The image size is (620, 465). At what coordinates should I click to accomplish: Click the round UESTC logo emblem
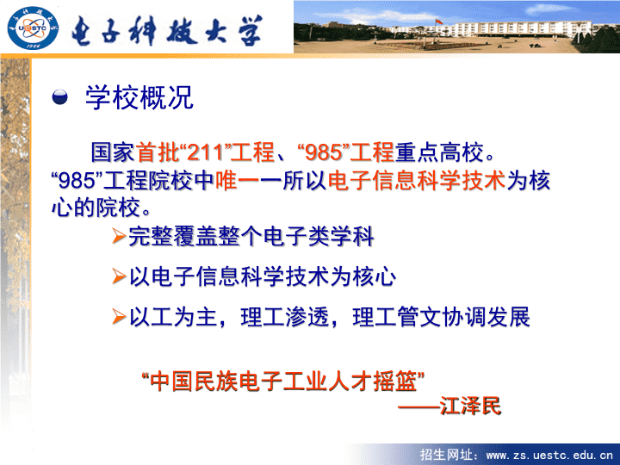coord(34,28)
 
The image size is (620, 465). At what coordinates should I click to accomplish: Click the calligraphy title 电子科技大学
coord(167,30)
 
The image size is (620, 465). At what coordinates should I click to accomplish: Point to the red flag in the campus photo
coord(437,22)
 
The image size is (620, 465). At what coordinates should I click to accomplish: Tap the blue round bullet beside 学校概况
coord(59,97)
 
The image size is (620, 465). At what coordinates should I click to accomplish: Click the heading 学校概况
coord(139,97)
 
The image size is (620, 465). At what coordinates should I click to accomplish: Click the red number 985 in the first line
coord(324,152)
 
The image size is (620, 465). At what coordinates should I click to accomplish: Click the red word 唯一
coord(238,180)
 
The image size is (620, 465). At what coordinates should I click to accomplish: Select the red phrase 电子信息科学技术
coord(417,180)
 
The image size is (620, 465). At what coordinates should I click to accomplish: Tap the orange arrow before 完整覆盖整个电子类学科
coord(119,236)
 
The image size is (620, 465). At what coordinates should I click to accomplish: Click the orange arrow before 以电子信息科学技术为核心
coord(119,276)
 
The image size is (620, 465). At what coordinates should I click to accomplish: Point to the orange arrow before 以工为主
coord(119,316)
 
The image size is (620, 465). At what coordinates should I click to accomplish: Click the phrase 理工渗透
coord(285,317)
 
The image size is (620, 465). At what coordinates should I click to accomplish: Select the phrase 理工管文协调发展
coord(441,317)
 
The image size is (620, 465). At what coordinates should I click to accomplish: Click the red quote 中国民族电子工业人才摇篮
coord(283,381)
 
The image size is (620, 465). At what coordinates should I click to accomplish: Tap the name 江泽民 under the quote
coord(470,406)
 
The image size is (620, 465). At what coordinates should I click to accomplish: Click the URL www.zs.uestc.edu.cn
coord(549,456)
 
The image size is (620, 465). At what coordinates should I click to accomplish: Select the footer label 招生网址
coord(446,455)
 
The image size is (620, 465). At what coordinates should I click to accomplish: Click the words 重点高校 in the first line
coord(440,152)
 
